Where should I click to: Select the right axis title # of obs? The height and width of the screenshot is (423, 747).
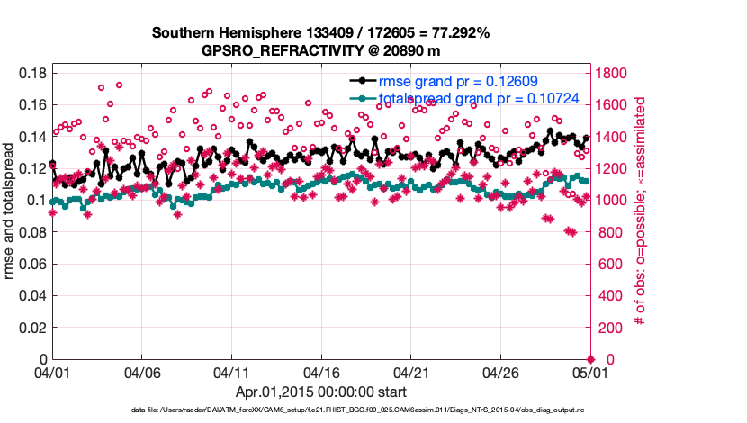[x=641, y=216]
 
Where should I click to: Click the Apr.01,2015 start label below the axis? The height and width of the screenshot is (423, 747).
[x=321, y=392]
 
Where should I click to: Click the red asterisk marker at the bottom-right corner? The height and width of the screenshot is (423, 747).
[x=590, y=359]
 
